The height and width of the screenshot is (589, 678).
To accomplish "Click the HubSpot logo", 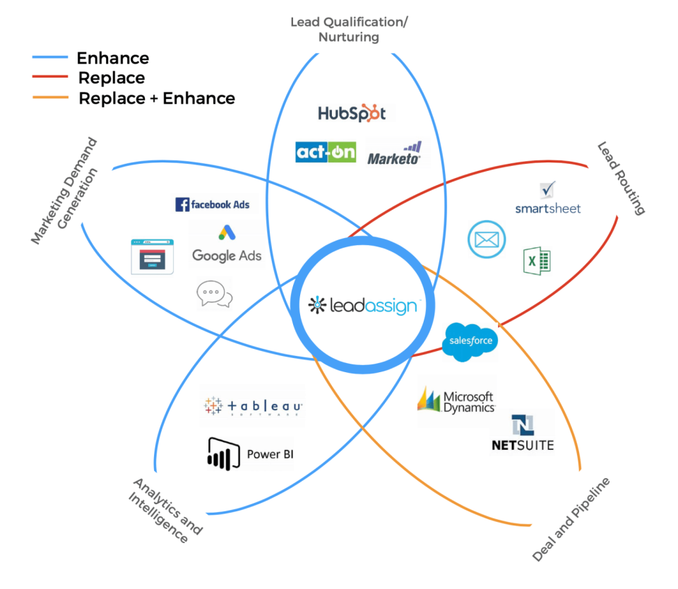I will tap(352, 113).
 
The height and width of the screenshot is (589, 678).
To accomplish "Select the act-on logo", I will tap(326, 152).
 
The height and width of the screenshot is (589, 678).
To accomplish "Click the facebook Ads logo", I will tap(213, 204).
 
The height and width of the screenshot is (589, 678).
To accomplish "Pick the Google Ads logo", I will tap(227, 246).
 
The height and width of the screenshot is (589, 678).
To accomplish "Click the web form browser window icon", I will tap(152, 256).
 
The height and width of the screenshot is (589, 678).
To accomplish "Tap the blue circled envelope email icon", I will tap(487, 239).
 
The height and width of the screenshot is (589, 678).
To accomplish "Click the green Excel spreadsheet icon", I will tap(537, 261).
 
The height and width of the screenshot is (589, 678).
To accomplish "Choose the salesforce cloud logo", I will tap(470, 342).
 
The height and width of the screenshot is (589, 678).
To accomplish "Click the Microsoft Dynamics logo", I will tap(456, 400).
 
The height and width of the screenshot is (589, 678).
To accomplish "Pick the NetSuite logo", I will tap(523, 434).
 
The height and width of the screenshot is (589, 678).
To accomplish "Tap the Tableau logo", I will tap(253, 406).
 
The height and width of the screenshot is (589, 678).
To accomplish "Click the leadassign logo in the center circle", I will tap(361, 304).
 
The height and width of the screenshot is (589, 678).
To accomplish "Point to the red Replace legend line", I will tap(50, 78).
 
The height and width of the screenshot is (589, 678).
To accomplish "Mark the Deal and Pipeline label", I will tap(571, 519).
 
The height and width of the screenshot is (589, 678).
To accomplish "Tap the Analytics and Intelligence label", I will tap(163, 510).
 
